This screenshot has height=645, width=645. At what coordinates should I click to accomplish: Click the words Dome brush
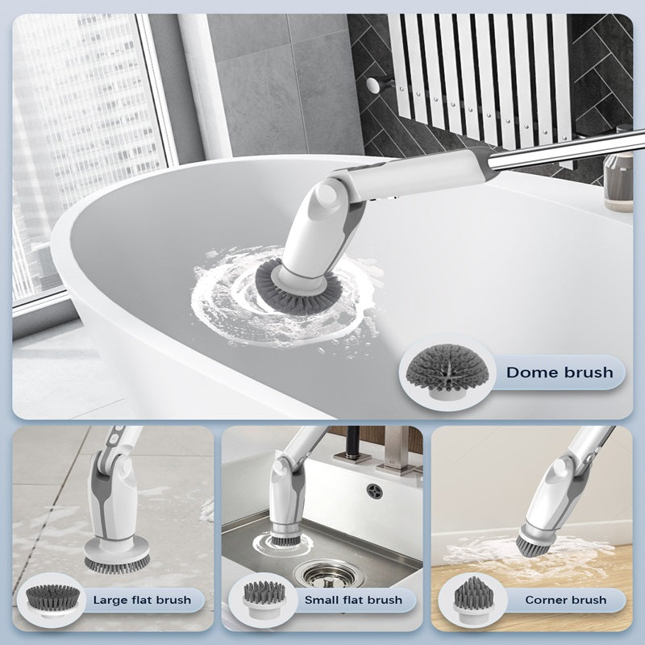click(x=560, y=372)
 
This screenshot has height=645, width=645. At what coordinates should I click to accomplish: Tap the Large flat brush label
click(x=142, y=600)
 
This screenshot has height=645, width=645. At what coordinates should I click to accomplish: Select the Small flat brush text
click(x=353, y=600)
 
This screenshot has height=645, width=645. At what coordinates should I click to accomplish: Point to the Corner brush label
click(x=566, y=600)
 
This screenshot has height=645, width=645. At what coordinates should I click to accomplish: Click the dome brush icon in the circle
click(x=447, y=372)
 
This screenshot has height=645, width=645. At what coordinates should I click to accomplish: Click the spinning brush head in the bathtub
click(x=298, y=286)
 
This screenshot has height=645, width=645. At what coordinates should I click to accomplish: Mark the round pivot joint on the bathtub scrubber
click(x=328, y=195)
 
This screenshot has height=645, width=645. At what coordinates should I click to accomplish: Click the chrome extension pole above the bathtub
click(x=566, y=151)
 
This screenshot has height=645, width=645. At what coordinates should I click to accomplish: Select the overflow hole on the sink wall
click(x=375, y=491)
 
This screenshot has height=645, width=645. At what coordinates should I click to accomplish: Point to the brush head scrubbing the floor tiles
click(x=117, y=556)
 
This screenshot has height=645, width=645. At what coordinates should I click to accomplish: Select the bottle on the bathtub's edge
click(x=618, y=181)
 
